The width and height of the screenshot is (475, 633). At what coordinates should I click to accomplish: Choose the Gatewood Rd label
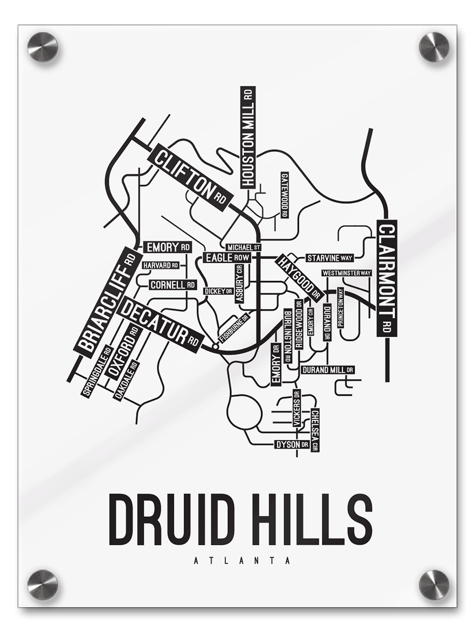point(284,195)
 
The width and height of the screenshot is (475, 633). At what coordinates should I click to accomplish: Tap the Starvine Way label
point(330,258)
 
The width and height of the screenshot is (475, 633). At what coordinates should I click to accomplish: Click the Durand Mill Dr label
point(328,370)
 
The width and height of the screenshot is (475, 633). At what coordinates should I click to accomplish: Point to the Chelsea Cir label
point(315,429)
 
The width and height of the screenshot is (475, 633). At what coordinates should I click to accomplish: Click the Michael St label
point(243,247)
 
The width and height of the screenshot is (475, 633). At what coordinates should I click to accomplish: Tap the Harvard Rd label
point(159,265)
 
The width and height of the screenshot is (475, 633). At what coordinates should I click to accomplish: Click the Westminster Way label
point(347,273)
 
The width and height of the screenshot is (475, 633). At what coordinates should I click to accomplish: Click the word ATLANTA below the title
point(242,561)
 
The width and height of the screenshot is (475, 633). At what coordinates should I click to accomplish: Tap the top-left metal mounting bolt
point(42,47)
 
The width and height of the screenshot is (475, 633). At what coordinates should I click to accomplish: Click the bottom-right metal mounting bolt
point(434,584)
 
